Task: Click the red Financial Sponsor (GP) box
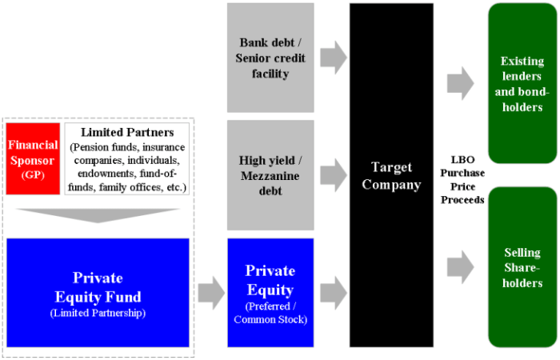(33, 158)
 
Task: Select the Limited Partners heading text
(127, 133)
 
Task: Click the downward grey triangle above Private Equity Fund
(98, 216)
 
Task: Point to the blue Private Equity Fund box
(98, 293)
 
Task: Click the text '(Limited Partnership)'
(98, 314)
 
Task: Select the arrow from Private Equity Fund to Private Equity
(211, 293)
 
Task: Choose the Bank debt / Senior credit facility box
(270, 58)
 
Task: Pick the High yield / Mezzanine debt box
(270, 175)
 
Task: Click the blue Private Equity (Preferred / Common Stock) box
(270, 293)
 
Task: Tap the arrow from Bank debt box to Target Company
(334, 58)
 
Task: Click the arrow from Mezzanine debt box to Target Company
(334, 175)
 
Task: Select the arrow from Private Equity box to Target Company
(334, 293)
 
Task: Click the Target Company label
(391, 176)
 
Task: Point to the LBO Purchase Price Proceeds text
(462, 180)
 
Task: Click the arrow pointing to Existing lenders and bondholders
(461, 83)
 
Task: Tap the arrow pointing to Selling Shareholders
(461, 267)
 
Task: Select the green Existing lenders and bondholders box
(522, 83)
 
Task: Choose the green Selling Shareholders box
(522, 267)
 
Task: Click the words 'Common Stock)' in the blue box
(270, 319)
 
